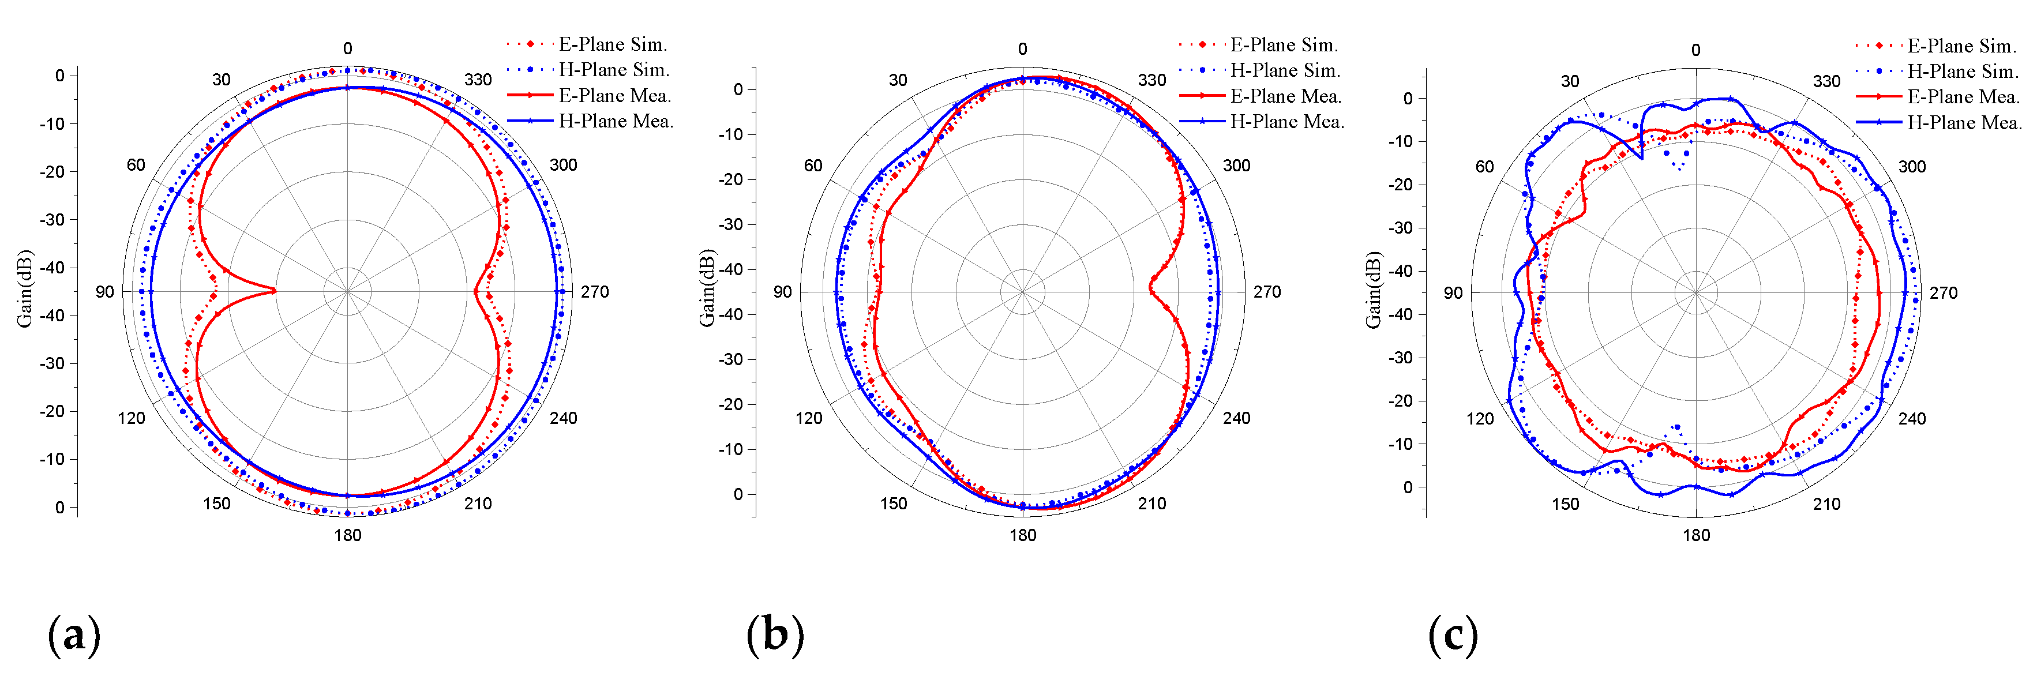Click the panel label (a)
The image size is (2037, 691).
tap(74, 635)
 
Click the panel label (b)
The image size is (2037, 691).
tap(775, 635)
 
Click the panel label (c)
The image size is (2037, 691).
tap(1453, 635)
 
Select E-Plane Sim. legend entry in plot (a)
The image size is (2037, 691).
tap(612, 44)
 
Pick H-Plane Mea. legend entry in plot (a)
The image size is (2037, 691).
tap(615, 121)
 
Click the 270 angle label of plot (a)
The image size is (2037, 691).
tap(595, 292)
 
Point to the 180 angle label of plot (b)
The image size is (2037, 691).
tap(1022, 535)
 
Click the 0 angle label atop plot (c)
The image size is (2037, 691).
tap(1695, 50)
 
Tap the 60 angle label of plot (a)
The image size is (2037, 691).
tap(136, 164)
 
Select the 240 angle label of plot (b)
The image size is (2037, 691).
tap(1237, 418)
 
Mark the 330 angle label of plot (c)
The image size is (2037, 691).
tap(1826, 81)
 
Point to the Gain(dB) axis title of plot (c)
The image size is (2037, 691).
tap(1373, 290)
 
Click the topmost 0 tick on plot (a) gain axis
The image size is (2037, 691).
tap(59, 76)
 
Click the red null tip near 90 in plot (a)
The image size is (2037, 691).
tap(275, 291)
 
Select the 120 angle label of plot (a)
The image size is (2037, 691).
tap(132, 418)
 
